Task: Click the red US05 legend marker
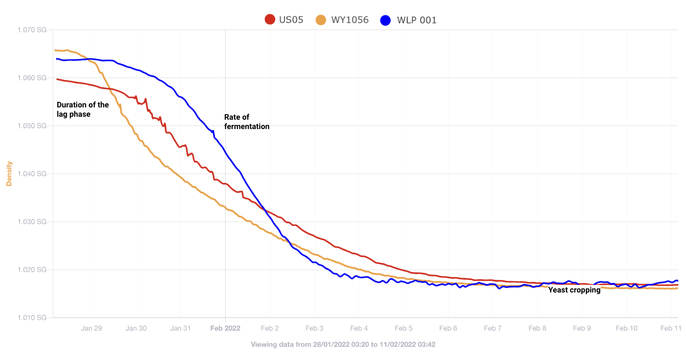(270, 20)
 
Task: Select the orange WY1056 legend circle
(321, 20)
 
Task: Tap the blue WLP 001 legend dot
(385, 20)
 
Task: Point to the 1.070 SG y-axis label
(32, 30)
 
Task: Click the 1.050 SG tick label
(32, 126)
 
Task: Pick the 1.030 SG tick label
(32, 222)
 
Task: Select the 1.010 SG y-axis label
(32, 318)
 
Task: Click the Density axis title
(9, 174)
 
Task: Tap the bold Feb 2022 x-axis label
(225, 328)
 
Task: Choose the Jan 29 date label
(91, 328)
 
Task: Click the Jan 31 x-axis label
(180, 328)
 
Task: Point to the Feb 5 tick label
(404, 328)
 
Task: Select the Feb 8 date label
(537, 328)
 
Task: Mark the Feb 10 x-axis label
(627, 328)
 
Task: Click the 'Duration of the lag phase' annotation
(83, 110)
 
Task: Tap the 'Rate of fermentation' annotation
(247, 122)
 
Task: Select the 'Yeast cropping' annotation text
(574, 290)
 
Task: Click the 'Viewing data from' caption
(343, 344)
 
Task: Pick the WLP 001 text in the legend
(417, 20)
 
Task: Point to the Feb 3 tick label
(315, 328)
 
